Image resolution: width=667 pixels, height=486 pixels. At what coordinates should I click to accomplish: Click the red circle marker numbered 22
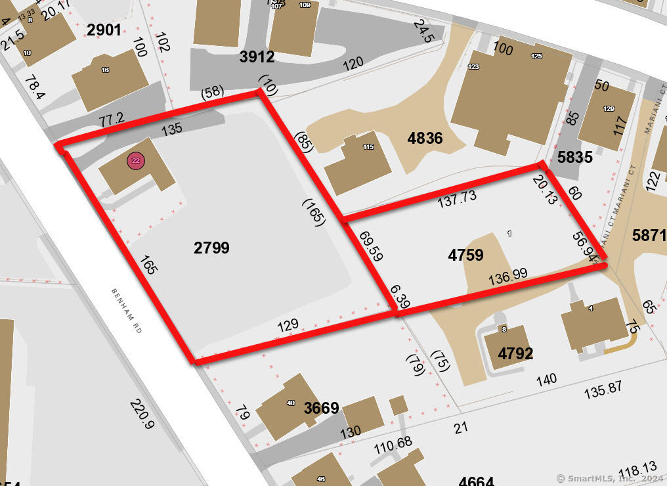136,161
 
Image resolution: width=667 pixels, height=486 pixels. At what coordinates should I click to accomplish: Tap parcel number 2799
211,248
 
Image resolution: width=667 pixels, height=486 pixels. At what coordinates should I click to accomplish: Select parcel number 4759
465,255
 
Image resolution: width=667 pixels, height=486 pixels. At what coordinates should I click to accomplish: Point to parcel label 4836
425,139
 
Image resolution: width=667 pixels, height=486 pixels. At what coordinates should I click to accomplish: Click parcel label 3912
257,57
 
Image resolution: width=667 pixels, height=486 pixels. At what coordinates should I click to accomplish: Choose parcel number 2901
104,30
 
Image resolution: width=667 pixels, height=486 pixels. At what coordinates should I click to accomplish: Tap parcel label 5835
574,158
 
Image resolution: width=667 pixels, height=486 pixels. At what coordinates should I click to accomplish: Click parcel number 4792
515,354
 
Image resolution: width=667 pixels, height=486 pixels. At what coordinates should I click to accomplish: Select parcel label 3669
321,408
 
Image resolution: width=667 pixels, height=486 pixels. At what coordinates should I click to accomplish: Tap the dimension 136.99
508,277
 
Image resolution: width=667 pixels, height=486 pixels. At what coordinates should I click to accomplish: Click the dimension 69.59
371,246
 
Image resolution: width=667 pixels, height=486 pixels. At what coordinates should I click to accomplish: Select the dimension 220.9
141,414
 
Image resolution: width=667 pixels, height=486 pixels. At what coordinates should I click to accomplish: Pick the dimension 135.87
603,387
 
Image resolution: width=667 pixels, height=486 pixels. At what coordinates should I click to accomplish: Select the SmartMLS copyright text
609,478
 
